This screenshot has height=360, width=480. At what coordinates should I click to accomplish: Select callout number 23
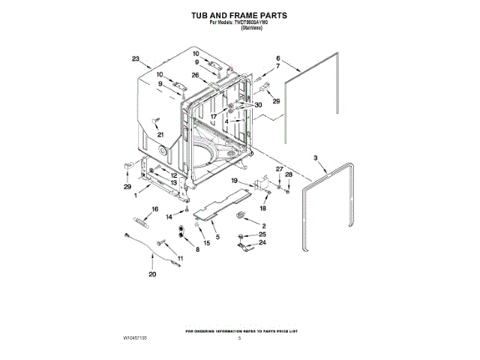point(136,58)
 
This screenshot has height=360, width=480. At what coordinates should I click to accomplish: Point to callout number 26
point(194,75)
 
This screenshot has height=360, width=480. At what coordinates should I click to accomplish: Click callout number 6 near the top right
point(277,58)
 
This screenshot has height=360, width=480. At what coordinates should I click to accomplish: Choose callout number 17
point(213,117)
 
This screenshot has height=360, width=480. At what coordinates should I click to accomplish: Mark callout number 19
point(235,181)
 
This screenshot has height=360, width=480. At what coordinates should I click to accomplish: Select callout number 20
point(152,274)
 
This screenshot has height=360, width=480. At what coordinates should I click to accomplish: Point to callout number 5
point(217,237)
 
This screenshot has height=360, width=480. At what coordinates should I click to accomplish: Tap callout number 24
point(263,243)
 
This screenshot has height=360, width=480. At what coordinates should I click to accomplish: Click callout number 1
point(135,196)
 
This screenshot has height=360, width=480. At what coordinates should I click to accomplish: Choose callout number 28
point(289,175)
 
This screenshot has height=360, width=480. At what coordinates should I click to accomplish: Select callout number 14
point(169,216)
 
